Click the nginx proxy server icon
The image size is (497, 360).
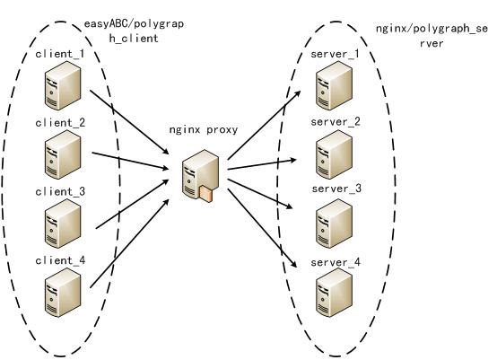coord(199,176)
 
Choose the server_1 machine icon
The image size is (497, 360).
coord(334,87)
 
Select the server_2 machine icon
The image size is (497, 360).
coord(334,155)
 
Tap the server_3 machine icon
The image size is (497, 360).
coord(334,223)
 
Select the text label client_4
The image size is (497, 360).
coord(59,260)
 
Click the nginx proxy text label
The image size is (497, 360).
coord(204,128)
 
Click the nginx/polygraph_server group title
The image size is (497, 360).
coord(432,36)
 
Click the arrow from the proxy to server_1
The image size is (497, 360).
coord(265,126)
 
